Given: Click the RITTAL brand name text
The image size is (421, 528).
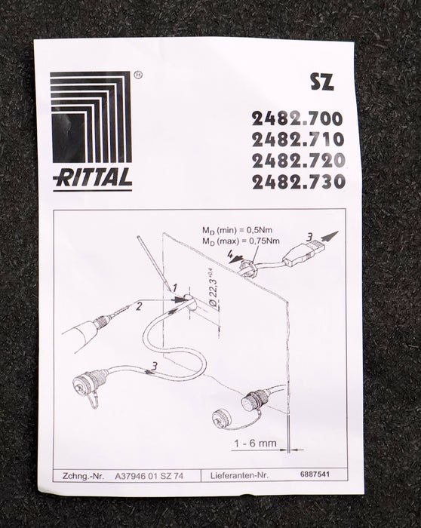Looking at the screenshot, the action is coord(92,177).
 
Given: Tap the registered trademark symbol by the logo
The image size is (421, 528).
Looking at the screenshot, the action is coord(138,75).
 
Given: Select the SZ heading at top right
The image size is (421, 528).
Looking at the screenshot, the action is coord(322,81).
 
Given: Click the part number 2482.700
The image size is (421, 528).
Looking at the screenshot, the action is coord(297,118).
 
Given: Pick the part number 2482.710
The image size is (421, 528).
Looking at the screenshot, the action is coord(298,140).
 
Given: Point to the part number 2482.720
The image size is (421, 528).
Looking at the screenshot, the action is coord(299,161).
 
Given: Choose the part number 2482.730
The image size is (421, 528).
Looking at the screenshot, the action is coord(299,182).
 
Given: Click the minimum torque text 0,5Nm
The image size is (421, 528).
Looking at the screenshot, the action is coord(259,230).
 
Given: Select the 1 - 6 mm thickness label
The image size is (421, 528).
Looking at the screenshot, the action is coord(255,444).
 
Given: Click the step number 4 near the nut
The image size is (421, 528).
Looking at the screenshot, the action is coord(230,253).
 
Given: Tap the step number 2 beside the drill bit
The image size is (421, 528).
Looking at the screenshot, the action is coord(138,307).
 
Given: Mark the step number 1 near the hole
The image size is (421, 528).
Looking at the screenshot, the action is coord(175,288).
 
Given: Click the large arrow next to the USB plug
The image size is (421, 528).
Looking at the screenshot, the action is coord(330,236).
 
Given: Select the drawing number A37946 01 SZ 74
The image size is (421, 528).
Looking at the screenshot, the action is coord(149,476).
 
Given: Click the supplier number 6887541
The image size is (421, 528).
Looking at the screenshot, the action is coord(315,474).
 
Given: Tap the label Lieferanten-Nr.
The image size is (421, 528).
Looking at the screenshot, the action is coord(239,476).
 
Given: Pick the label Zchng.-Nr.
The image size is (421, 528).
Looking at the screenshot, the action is coord(83,477).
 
